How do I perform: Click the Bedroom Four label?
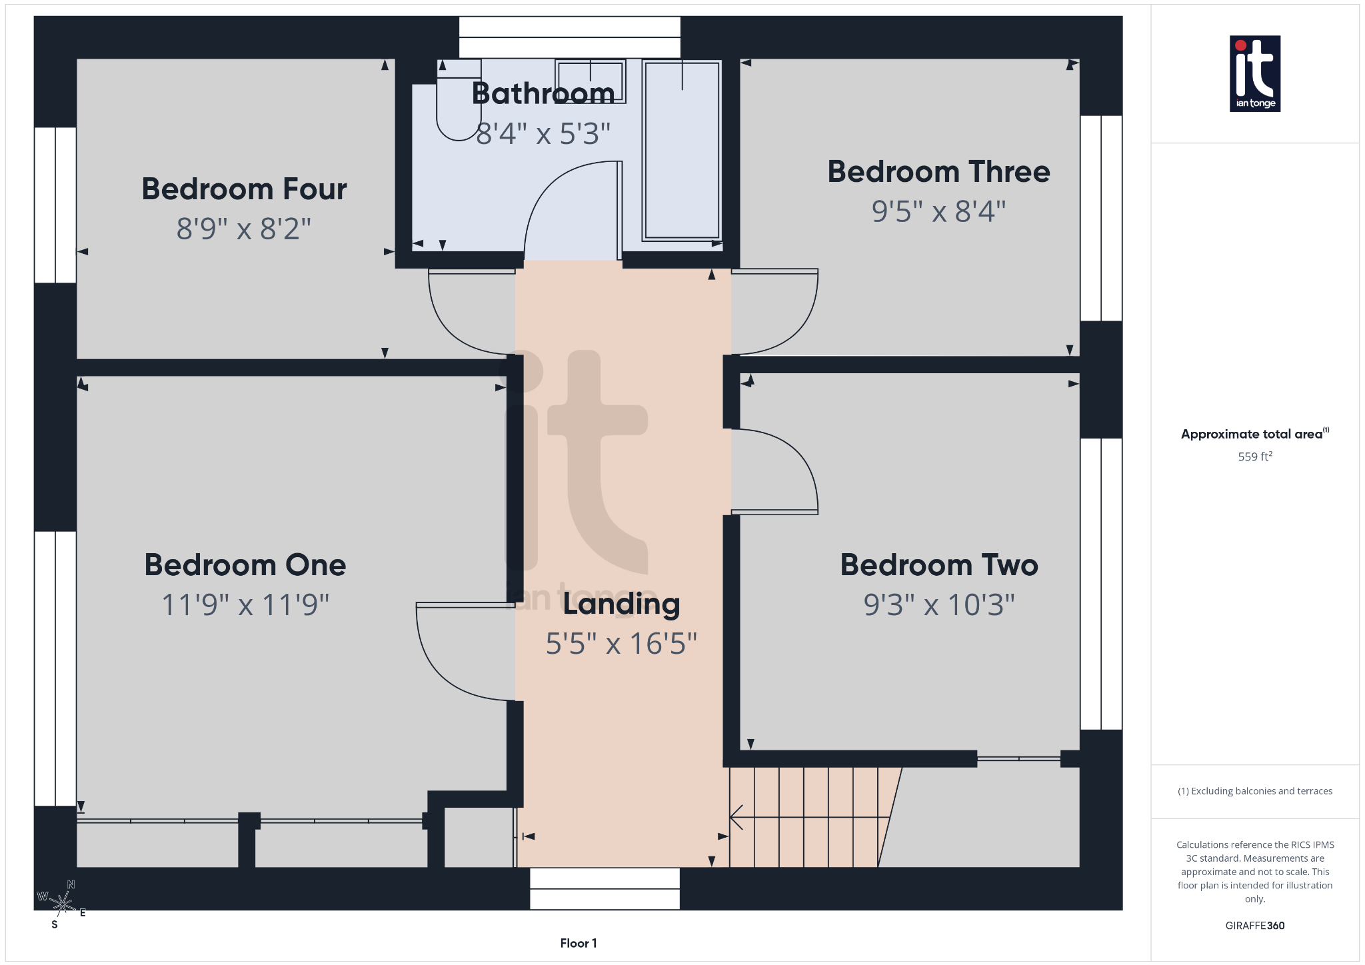click(x=244, y=189)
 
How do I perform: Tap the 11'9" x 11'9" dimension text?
click(x=245, y=605)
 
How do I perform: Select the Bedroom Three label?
click(x=938, y=172)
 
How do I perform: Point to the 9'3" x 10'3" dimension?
click(x=938, y=605)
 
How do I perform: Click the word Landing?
click(x=621, y=604)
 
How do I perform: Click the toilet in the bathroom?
click(x=459, y=103)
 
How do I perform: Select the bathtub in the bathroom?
click(x=681, y=150)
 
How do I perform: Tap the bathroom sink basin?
click(x=590, y=81)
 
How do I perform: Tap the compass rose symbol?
click(x=63, y=904)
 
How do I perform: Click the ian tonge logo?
click(x=1254, y=73)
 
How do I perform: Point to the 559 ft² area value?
click(x=1254, y=457)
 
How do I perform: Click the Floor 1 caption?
click(x=578, y=943)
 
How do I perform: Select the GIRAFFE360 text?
click(x=1254, y=926)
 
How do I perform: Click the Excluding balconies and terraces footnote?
click(x=1254, y=791)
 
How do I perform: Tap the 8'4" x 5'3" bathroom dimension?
click(x=543, y=134)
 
